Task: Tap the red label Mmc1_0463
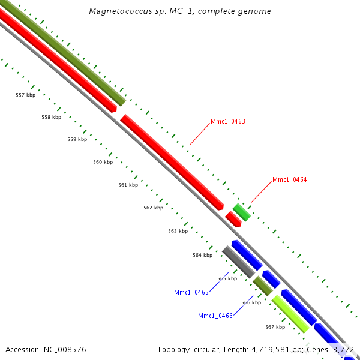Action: [x=227, y=121]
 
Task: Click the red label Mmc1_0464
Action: [x=289, y=179]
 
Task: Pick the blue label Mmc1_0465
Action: [x=191, y=292]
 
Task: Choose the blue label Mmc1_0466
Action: [x=215, y=316]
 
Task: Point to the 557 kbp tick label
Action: [x=25, y=95]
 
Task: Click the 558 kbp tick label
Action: [x=51, y=117]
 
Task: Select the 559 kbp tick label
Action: [x=77, y=139]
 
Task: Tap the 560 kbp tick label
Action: [x=103, y=162]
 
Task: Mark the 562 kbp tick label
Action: [x=153, y=208]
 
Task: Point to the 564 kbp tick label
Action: [x=202, y=255]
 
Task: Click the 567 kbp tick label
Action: [x=275, y=327]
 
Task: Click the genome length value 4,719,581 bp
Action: [x=275, y=349]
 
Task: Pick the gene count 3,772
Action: [x=343, y=349]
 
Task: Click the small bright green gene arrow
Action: [x=242, y=212]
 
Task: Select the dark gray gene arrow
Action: [x=238, y=261]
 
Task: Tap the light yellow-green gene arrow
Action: [x=290, y=313]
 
